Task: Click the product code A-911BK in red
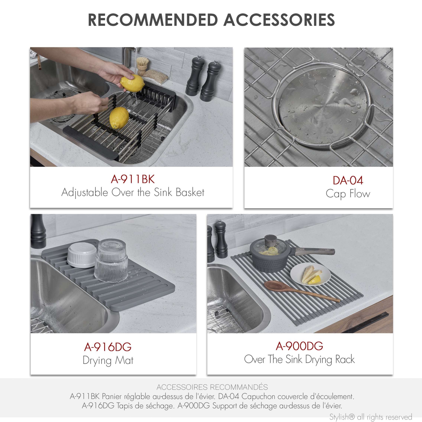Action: click(133, 179)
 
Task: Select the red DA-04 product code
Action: click(348, 180)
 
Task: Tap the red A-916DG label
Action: click(108, 347)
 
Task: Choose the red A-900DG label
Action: click(299, 346)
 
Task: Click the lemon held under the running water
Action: click(132, 83)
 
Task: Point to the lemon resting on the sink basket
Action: click(119, 118)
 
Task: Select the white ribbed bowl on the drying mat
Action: click(82, 255)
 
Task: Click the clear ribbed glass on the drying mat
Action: click(111, 260)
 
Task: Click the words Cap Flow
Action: click(348, 194)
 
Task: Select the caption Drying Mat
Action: click(108, 360)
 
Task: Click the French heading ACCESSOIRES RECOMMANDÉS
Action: click(212, 387)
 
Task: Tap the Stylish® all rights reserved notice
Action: click(371, 417)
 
